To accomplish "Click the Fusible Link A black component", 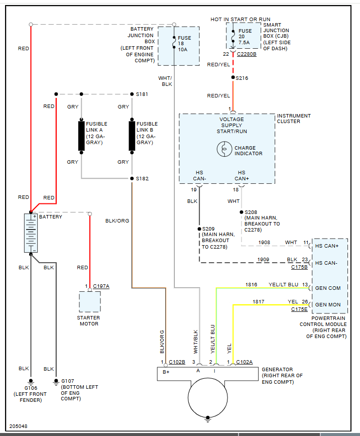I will pos(81,136).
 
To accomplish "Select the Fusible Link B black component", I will pos(132,136).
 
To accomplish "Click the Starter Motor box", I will pos(89,301).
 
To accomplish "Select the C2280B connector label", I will pos(247,54).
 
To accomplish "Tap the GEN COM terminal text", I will pos(327,288).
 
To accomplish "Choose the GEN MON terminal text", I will pos(327,304).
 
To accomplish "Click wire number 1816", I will pos(251,285).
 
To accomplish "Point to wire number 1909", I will pos(264,259).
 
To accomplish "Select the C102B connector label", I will pos(177,362).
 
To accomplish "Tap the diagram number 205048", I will pos(18,426).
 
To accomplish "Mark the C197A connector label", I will pos(101,286).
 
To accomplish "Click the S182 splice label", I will pos(142,179).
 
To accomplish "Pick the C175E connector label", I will pos(299,310).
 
